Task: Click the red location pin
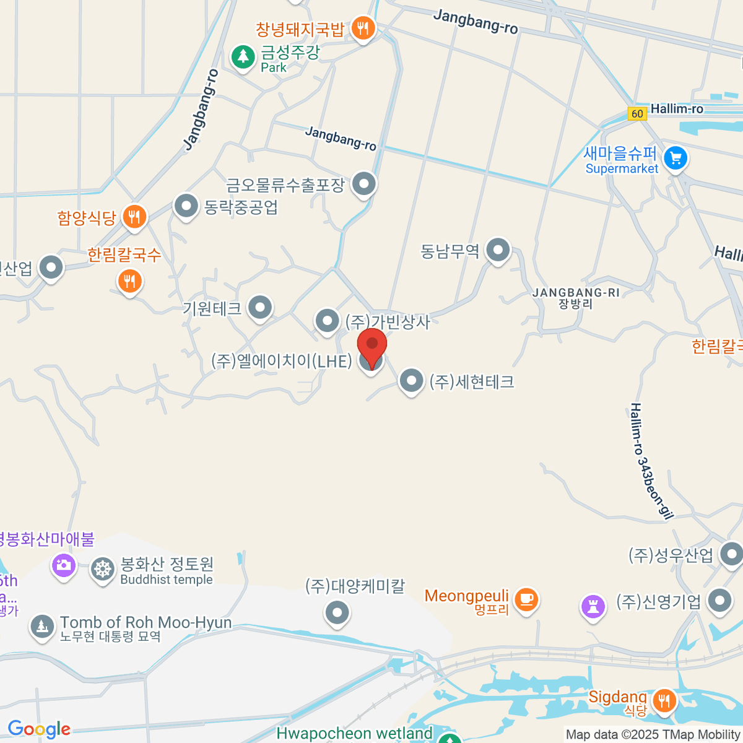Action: coord(372,347)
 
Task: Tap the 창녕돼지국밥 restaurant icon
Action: coord(363,28)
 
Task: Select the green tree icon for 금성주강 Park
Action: coord(243,57)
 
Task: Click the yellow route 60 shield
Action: coord(637,113)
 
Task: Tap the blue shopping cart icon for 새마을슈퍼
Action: coord(676,159)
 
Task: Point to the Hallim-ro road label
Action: coord(677,109)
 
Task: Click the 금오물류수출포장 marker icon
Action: coord(363,184)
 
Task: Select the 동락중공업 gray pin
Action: coord(186,206)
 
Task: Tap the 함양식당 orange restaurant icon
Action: coord(134,217)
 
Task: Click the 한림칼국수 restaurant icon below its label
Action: coord(129,281)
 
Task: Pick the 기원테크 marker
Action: coord(260,307)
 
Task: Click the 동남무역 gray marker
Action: coord(498,250)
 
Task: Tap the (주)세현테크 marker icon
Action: coord(411,381)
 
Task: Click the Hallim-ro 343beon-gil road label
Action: coord(651,461)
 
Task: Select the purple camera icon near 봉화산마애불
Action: coord(63,565)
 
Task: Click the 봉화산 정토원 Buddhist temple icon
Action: coord(103,569)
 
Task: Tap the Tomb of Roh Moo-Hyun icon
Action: coord(42,626)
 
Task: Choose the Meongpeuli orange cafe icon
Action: coord(526,599)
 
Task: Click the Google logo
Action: coord(39,729)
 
